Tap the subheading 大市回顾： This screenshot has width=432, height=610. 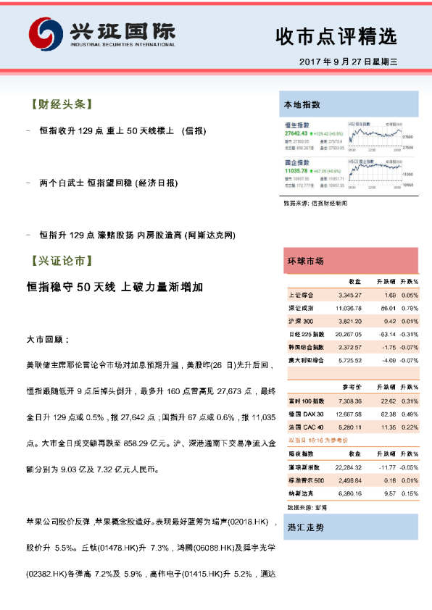pos(48,338)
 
